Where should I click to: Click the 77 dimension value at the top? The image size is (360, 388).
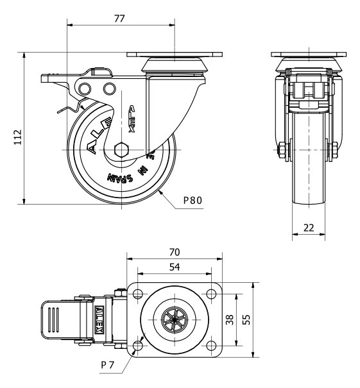(119, 19)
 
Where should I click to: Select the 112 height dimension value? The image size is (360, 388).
(18, 137)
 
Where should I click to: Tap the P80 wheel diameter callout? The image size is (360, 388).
(193, 200)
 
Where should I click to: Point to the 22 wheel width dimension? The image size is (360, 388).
(309, 228)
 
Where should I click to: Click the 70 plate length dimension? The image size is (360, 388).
(175, 252)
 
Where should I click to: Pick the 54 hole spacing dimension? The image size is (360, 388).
(175, 267)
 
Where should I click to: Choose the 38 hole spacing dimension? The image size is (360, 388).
(230, 319)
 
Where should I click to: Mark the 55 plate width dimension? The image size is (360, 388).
(246, 319)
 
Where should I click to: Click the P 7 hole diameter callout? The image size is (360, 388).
(107, 365)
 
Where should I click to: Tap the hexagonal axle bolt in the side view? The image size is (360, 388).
(121, 149)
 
